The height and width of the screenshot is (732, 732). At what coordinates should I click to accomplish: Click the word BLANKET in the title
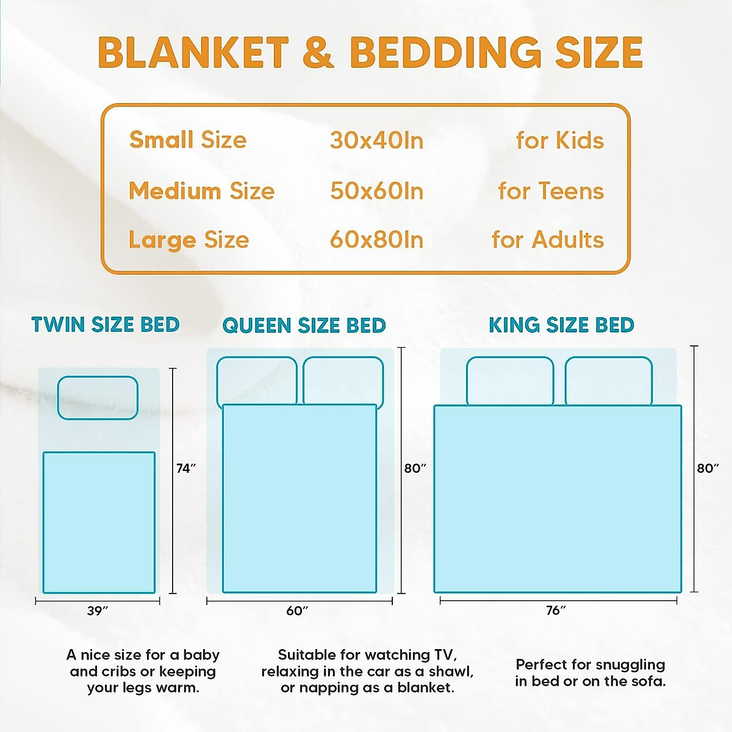(193, 52)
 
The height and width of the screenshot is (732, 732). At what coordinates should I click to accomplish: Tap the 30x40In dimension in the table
(376, 140)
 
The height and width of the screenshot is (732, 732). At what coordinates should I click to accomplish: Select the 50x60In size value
(376, 191)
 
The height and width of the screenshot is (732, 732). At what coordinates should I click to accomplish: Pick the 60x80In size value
(376, 240)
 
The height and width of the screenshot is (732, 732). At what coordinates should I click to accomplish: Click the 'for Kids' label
(559, 140)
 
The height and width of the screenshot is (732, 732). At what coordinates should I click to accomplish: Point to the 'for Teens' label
(550, 191)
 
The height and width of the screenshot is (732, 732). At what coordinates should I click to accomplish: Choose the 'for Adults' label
(547, 240)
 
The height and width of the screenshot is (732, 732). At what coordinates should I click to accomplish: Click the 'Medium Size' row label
(201, 191)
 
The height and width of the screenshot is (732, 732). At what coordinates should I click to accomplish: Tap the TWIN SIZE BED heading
(106, 325)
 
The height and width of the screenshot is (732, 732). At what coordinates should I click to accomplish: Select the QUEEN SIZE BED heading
(304, 325)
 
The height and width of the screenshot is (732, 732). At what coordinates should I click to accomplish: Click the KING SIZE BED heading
(561, 325)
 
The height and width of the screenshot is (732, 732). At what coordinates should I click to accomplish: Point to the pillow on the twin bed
(98, 398)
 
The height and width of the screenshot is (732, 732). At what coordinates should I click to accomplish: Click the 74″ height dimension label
(186, 468)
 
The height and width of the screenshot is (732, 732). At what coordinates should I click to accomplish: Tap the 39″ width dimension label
(98, 611)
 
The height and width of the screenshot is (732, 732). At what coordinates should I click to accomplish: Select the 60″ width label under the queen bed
(297, 611)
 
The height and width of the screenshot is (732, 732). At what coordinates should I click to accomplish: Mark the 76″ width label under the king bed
(556, 610)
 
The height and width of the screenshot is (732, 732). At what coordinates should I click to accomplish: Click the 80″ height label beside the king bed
(708, 468)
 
